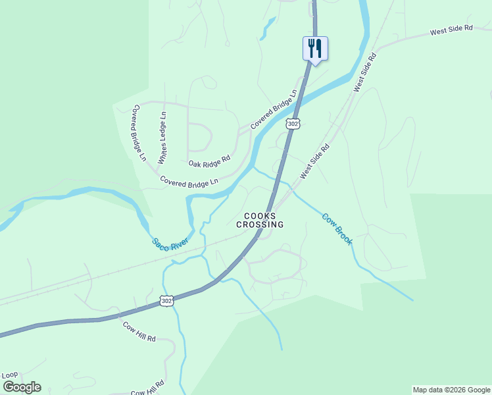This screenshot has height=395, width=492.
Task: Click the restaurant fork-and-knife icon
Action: [315, 48]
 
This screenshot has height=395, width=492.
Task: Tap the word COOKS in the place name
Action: [260, 215]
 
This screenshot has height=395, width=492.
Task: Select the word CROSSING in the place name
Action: [260, 224]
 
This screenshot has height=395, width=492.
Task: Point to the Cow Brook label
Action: [337, 228]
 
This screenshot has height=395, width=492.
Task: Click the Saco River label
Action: [170, 244]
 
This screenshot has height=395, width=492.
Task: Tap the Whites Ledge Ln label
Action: [162, 138]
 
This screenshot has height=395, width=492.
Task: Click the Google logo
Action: [22, 387]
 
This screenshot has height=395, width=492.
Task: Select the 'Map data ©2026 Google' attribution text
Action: [451, 390]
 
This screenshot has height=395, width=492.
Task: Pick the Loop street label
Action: [10, 375]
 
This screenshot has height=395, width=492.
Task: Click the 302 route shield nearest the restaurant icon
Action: [293, 123]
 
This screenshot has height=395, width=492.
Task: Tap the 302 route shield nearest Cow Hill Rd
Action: [167, 301]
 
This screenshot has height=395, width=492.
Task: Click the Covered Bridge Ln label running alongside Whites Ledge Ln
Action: [139, 132]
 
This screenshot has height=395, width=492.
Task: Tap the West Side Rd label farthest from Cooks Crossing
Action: [451, 30]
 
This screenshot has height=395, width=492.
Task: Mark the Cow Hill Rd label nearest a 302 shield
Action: [139, 330]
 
